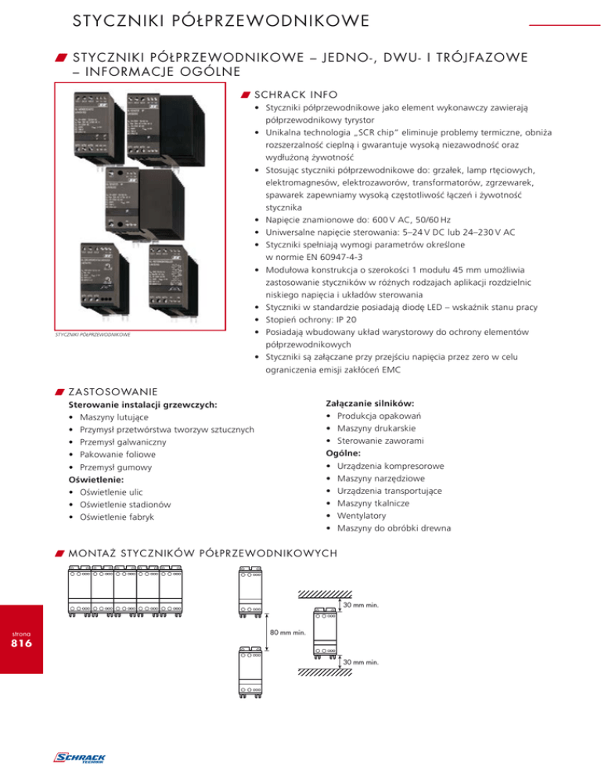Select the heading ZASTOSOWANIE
113,391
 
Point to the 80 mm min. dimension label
287,632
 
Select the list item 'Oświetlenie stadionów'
128,504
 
